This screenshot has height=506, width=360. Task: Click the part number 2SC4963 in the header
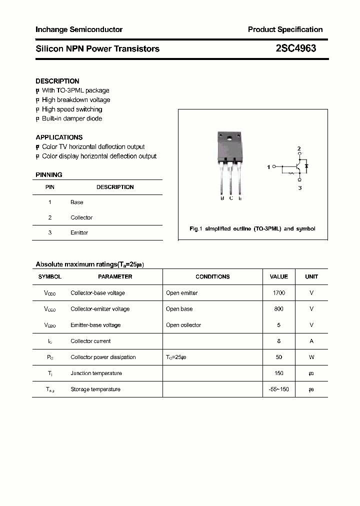[295, 48]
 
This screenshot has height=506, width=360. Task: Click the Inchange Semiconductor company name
[79, 29]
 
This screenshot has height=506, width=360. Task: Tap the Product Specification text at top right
[285, 29]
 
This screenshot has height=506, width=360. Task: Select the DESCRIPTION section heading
[57, 81]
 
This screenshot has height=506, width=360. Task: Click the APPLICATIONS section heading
[59, 137]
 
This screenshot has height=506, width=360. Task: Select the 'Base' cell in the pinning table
[77, 202]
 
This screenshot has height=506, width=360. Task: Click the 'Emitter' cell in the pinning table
[79, 233]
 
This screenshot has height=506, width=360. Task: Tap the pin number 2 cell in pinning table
[50, 217]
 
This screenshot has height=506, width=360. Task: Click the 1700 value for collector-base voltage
[279, 293]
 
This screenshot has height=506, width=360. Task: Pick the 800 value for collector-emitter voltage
[279, 309]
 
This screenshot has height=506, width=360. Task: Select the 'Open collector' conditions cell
[183, 325]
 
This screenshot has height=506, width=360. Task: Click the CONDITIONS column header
[212, 276]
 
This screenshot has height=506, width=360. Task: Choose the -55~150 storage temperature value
[279, 389]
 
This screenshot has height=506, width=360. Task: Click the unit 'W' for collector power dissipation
[311, 357]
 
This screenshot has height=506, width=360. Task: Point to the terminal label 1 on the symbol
[269, 167]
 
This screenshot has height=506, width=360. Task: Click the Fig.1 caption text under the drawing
[252, 228]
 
